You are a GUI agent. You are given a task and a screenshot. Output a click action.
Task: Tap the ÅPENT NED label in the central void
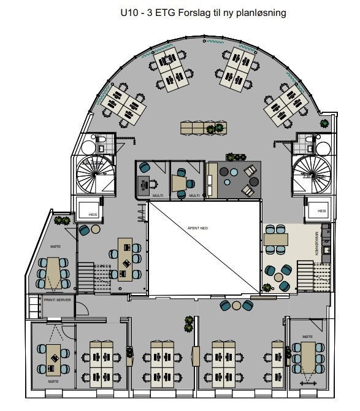197,228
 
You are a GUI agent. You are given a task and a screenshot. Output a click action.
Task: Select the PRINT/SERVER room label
56,301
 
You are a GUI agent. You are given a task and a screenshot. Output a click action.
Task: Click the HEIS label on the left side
93,215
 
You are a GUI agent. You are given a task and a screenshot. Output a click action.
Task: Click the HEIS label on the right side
321,211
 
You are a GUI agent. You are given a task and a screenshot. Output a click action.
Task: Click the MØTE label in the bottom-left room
53,381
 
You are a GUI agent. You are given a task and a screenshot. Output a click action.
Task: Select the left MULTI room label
157,196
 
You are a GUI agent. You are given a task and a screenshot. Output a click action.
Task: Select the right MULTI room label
194,196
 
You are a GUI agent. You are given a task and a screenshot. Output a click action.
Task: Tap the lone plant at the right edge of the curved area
324,123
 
